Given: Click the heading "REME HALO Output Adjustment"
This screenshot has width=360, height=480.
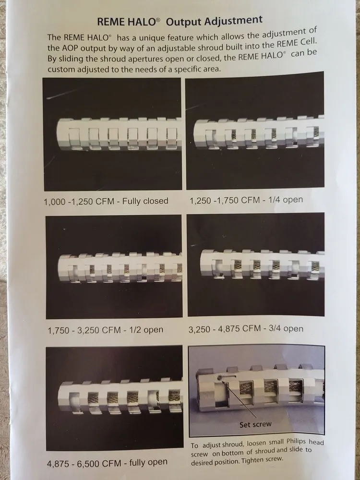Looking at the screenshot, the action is (180, 21).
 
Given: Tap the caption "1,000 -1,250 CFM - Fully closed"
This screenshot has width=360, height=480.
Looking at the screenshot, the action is (106, 201).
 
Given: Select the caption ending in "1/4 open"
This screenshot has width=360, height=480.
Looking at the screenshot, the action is (246, 200).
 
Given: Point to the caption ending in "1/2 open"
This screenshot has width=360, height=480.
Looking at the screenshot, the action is (105, 330).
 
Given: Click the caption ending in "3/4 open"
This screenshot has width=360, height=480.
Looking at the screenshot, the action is (246, 329).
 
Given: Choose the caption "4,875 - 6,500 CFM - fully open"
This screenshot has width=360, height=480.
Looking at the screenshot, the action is (107, 463).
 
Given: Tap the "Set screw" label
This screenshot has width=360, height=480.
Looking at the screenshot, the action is (255, 424).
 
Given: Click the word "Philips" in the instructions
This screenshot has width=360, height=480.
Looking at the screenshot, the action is (297, 442).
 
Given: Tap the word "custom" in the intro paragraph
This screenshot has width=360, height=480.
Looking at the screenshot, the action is (60, 70).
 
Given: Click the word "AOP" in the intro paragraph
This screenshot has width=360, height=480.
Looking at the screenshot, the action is (70, 48).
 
